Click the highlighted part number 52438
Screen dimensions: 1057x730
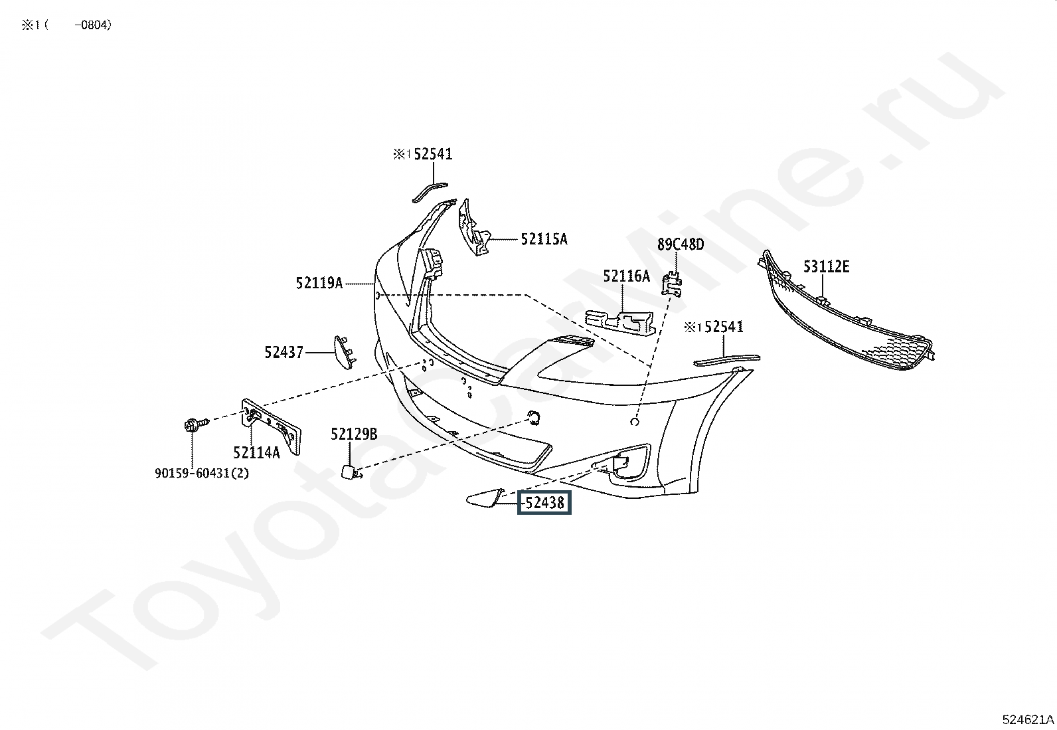[x=544, y=503]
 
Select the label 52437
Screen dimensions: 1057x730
[x=284, y=352]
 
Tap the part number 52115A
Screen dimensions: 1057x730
[x=544, y=239]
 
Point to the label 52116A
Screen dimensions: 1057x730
[x=626, y=276]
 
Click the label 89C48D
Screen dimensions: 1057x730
[x=681, y=244]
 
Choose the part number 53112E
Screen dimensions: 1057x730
[x=826, y=267]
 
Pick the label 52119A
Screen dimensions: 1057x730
[x=319, y=283]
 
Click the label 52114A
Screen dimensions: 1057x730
[x=256, y=453]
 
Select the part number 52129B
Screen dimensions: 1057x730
[x=354, y=434]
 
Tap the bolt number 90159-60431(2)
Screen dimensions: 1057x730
[x=201, y=473]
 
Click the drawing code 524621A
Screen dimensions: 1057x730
[x=1028, y=719]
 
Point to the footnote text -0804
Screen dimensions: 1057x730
[x=93, y=25]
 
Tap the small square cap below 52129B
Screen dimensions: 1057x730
[x=349, y=471]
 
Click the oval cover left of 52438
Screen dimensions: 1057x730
[x=484, y=498]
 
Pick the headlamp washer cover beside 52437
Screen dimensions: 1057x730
[x=345, y=352]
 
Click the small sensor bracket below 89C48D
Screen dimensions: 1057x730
[x=672, y=284]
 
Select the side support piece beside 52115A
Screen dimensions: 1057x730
[x=474, y=228]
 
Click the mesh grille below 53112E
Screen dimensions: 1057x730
[x=845, y=312]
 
